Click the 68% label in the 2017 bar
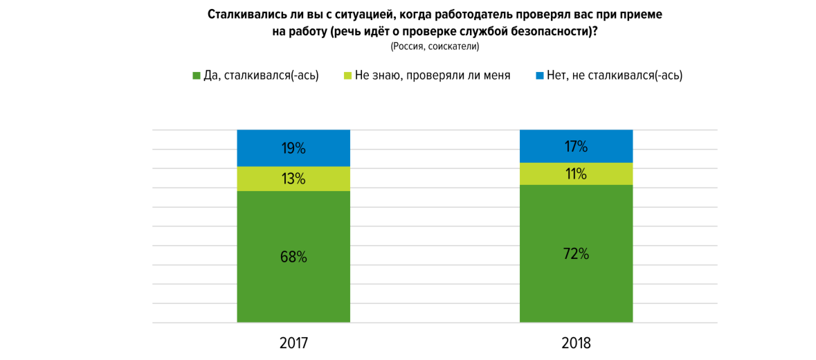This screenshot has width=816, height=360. [x=293, y=257]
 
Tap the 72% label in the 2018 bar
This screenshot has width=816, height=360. [x=576, y=253]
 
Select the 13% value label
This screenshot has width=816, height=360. [x=293, y=179]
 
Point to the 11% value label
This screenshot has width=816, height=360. [x=576, y=174]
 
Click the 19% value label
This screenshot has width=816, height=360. [x=293, y=148]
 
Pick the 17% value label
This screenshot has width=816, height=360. [x=576, y=146]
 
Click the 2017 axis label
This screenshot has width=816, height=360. [x=293, y=343]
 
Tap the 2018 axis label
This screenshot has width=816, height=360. [x=576, y=343]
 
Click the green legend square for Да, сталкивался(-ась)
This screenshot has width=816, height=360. [x=196, y=75]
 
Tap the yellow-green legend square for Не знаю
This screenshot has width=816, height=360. [x=347, y=75]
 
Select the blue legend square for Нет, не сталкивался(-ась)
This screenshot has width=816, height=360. [x=540, y=75]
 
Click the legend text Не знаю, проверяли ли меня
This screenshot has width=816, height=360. [x=432, y=75]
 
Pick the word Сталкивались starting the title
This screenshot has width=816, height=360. [x=246, y=14]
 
